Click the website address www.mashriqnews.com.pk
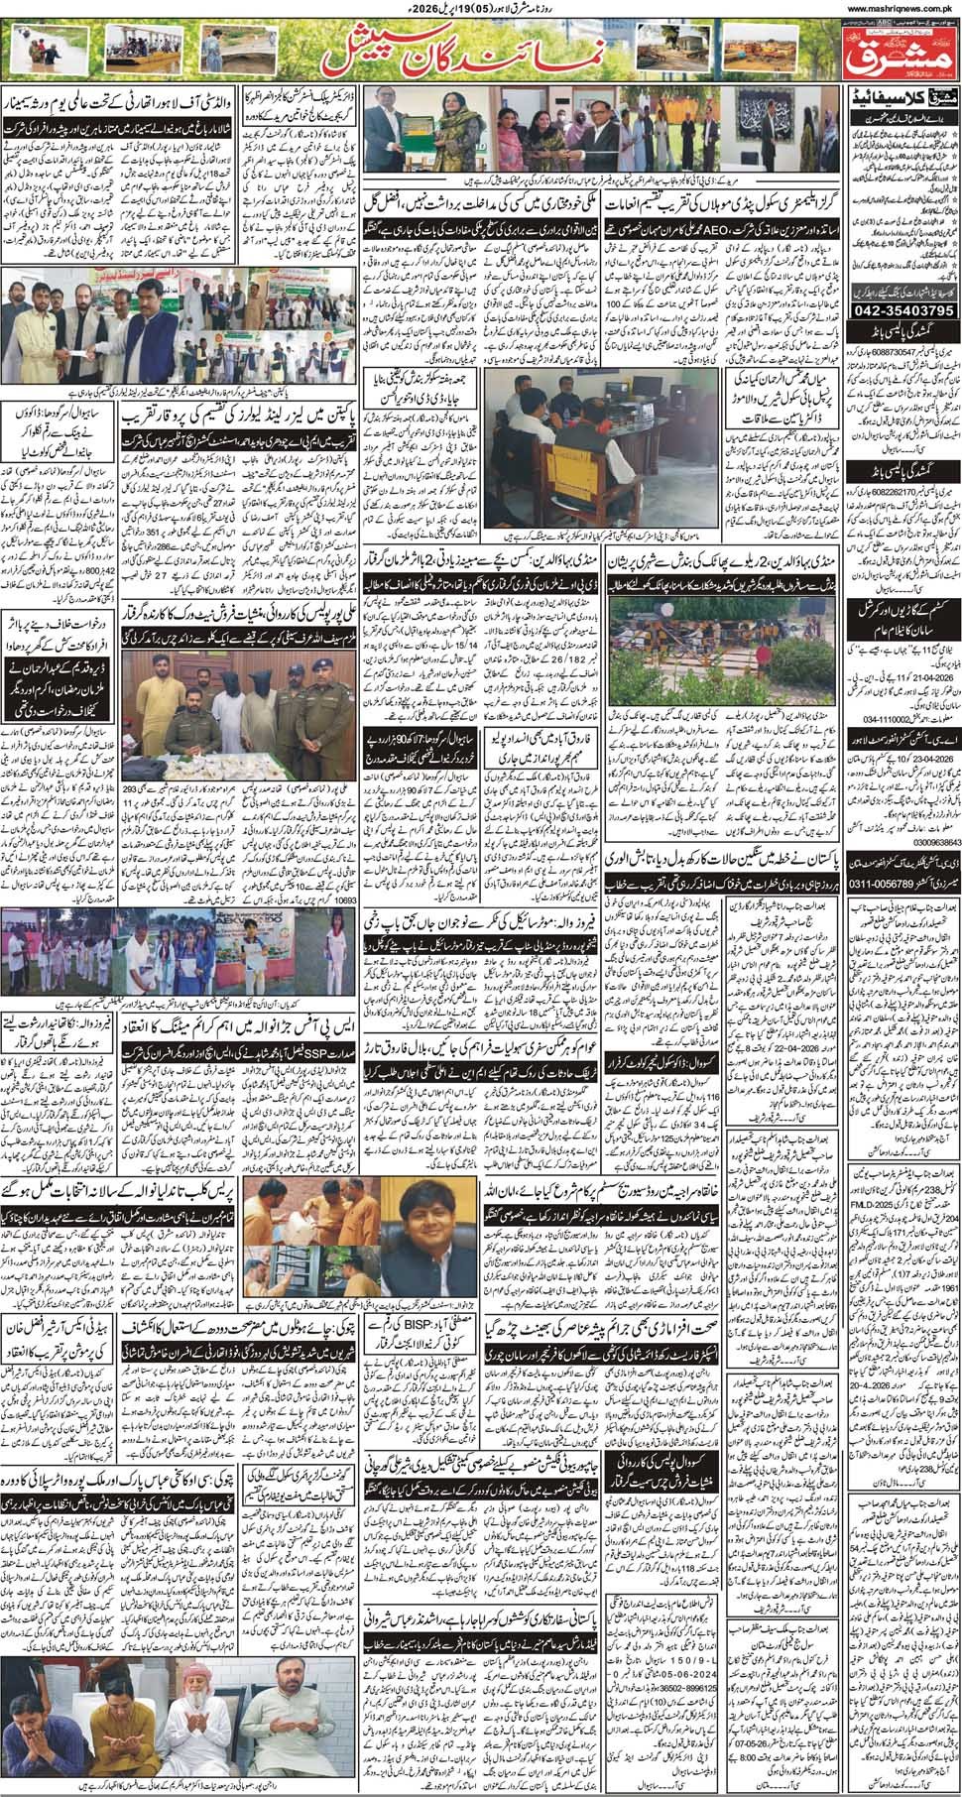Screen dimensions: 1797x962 (x=900, y=7)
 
